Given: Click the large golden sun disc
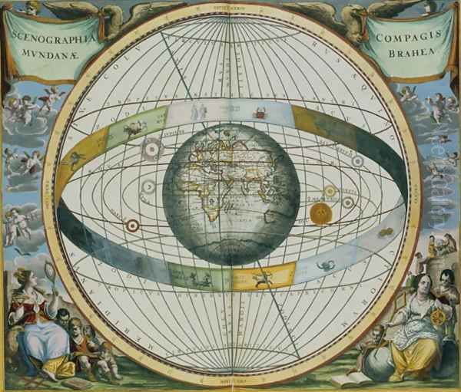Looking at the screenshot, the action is coord(320,213).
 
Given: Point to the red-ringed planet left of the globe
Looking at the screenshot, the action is coord(133,226).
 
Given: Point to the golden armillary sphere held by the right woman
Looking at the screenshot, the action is coord(439,316).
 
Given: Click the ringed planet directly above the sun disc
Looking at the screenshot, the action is coord(330,191).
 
